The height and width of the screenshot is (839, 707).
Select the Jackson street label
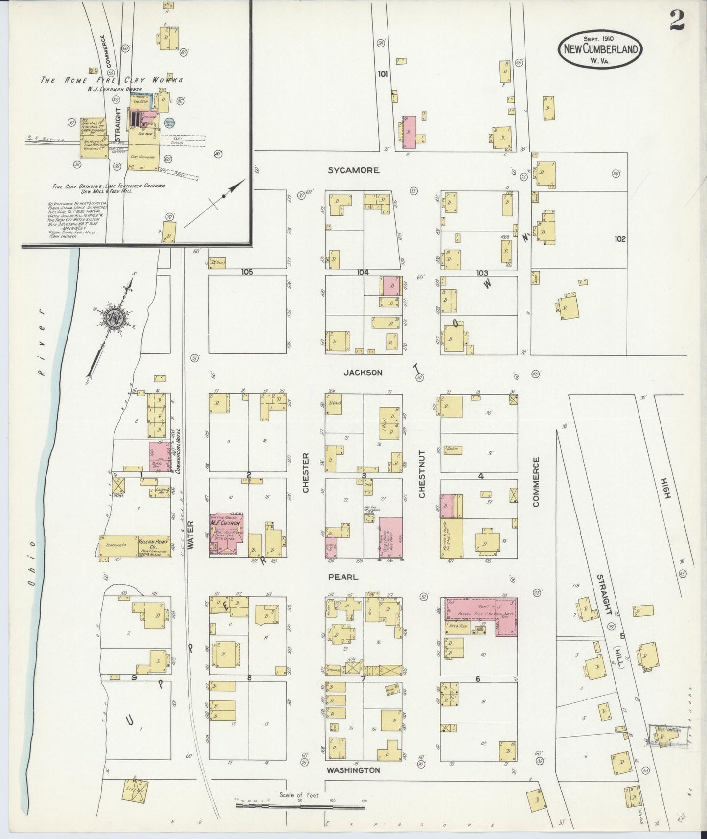[363, 373]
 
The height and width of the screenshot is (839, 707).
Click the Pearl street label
[343, 577]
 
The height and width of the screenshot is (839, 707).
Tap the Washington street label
[353, 770]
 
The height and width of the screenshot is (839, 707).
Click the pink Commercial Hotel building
[158, 456]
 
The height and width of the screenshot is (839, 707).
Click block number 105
[247, 272]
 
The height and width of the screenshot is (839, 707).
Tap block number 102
[619, 239]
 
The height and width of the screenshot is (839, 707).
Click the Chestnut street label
[422, 474]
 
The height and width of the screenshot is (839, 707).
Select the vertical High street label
[664, 488]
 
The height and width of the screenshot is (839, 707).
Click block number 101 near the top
[383, 74]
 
